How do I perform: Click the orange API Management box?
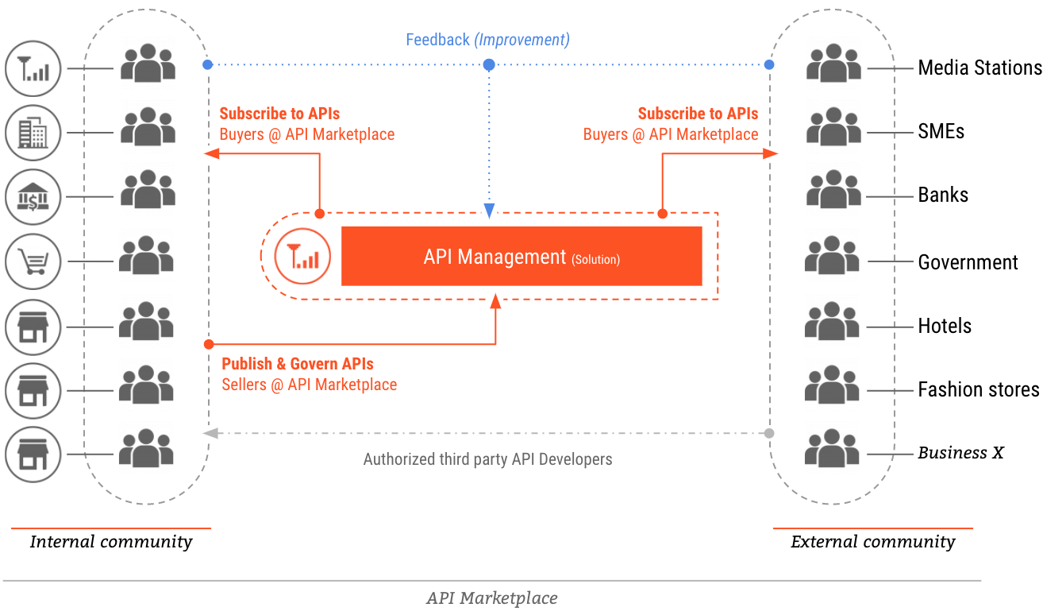pyautogui.click(x=521, y=256)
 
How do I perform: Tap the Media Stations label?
pyautogui.click(x=979, y=68)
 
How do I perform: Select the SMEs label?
pyautogui.click(x=941, y=132)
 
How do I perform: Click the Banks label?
pyautogui.click(x=943, y=195)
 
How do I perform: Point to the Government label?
pyautogui.click(x=968, y=262)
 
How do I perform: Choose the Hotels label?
pyautogui.click(x=945, y=326)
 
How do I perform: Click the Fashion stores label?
pyautogui.click(x=978, y=389)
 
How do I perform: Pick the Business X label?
pyautogui.click(x=960, y=453)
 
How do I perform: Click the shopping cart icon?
pyautogui.click(x=33, y=261)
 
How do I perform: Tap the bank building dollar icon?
pyautogui.click(x=33, y=197)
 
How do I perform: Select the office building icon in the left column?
pyautogui.click(x=33, y=133)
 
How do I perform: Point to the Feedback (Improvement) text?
pyautogui.click(x=487, y=40)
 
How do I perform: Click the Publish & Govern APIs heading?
pyautogui.click(x=298, y=364)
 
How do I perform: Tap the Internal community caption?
pyautogui.click(x=111, y=542)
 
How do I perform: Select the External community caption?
pyautogui.click(x=872, y=542)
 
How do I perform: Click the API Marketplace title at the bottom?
pyautogui.click(x=491, y=598)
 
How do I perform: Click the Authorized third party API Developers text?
pyautogui.click(x=487, y=459)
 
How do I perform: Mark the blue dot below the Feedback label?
pyautogui.click(x=490, y=64)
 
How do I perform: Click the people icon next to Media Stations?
pyautogui.click(x=833, y=64)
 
